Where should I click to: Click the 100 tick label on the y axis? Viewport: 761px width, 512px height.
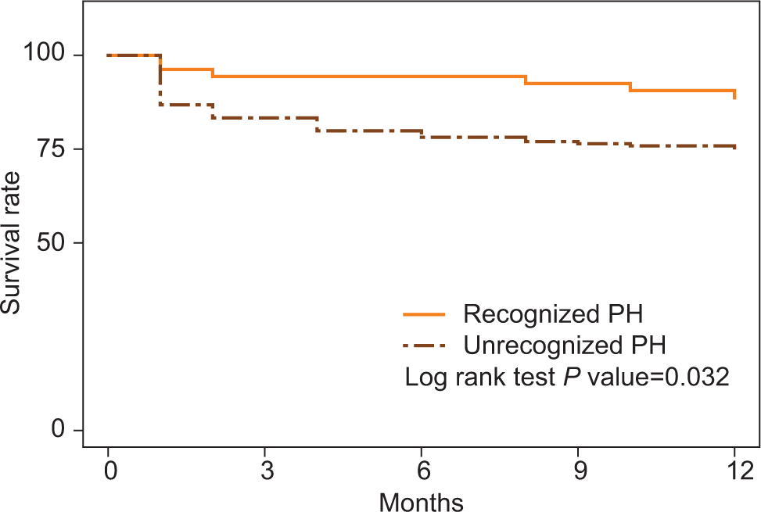(x=44, y=52)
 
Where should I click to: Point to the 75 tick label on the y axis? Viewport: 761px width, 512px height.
(x=51, y=149)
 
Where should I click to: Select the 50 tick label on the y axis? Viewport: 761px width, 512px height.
(x=51, y=242)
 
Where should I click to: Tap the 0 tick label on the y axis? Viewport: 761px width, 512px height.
(x=58, y=430)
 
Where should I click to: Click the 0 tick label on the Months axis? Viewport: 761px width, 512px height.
(x=110, y=470)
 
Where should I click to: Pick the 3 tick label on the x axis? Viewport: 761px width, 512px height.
(x=267, y=470)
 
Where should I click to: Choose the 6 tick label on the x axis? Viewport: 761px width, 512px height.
(x=424, y=470)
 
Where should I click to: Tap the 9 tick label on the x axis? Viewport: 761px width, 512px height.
(x=581, y=470)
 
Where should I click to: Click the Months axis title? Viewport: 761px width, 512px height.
(x=421, y=501)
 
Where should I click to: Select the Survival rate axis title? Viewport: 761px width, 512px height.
(x=11, y=242)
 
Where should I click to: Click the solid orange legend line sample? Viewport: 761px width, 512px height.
(x=424, y=315)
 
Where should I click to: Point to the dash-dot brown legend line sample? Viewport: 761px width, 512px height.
(x=424, y=346)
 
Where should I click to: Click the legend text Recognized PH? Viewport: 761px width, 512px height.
(x=553, y=314)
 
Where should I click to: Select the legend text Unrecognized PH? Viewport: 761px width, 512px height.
(x=565, y=346)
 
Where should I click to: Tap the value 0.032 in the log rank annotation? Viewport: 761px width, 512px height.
(x=697, y=377)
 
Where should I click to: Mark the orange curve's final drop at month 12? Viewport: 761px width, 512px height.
(x=734, y=94)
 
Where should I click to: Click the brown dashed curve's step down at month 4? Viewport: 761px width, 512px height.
(x=318, y=124)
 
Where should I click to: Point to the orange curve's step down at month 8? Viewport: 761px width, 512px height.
(x=526, y=80)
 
